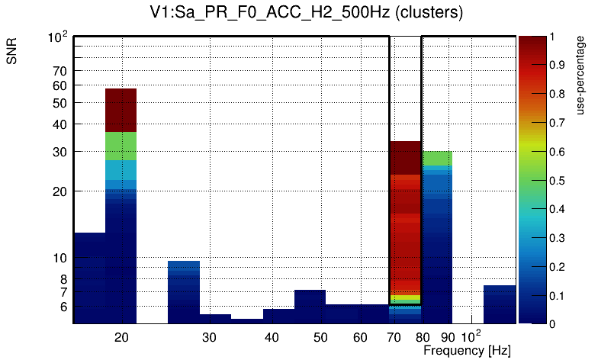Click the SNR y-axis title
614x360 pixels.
(11, 52)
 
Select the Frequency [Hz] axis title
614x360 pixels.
(467, 350)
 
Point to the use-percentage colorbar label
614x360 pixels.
(582, 76)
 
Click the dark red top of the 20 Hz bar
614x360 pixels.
(121, 110)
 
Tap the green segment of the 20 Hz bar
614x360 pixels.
(121, 146)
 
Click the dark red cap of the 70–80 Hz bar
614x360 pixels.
(405, 157)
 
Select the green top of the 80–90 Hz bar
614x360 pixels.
(436, 158)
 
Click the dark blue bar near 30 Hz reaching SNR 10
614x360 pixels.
(184, 291)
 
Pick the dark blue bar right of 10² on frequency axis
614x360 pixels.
(500, 304)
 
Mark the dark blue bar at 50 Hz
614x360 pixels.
(310, 307)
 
